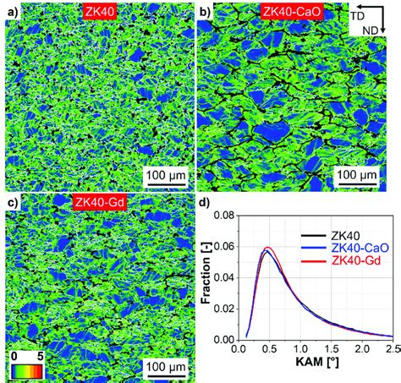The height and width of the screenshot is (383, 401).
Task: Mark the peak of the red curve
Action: tap(268, 248)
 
